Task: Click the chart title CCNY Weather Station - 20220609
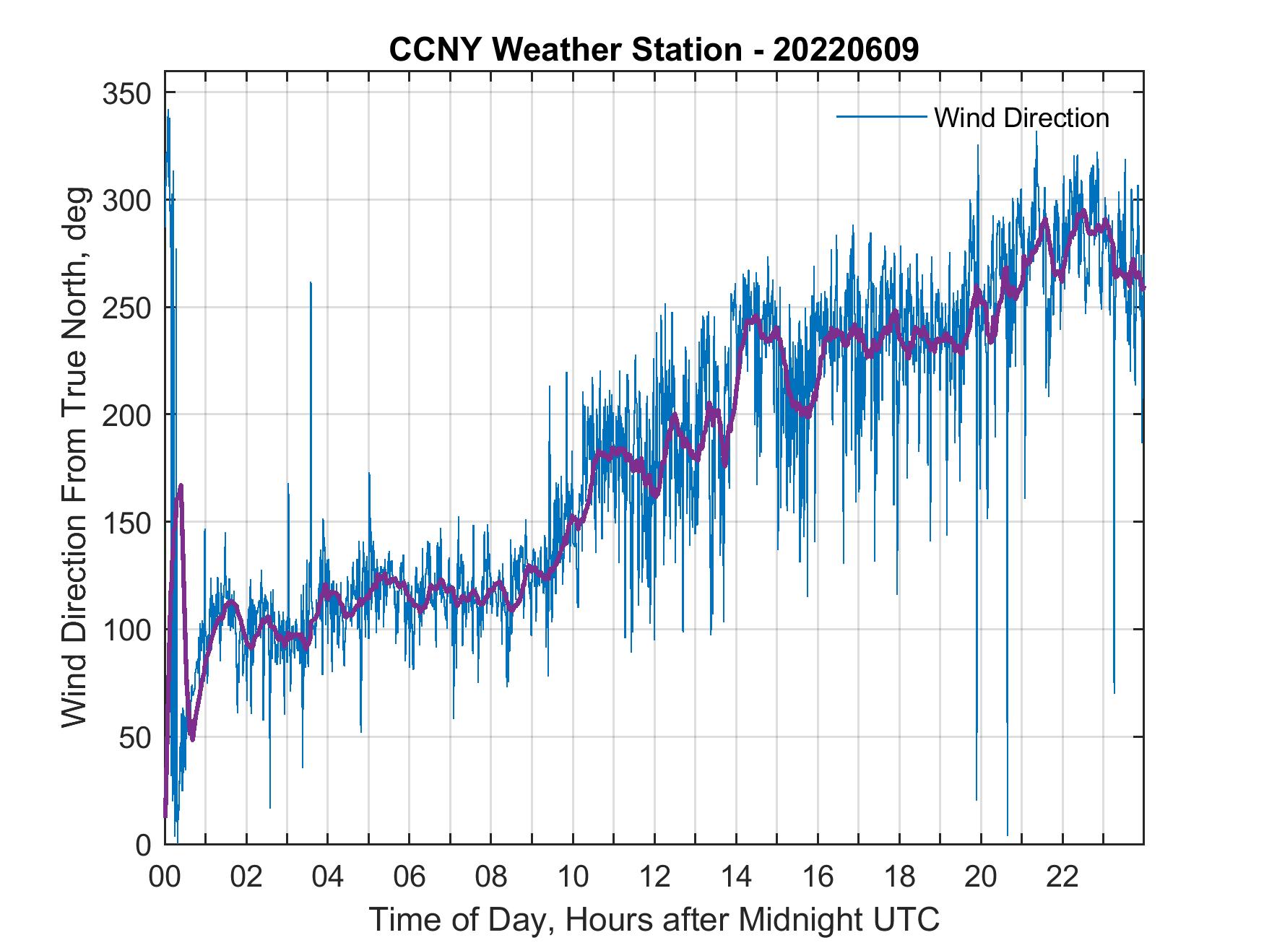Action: click(x=654, y=51)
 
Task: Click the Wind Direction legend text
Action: click(x=1021, y=118)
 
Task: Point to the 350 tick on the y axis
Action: click(x=126, y=93)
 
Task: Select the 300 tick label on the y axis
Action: click(x=126, y=200)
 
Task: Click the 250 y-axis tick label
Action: click(x=126, y=308)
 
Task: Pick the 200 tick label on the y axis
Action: click(x=126, y=414)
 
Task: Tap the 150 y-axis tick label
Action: click(x=126, y=522)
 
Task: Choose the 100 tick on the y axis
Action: click(x=126, y=630)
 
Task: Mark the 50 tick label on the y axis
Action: click(x=135, y=737)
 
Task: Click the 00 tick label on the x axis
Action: click(x=165, y=877)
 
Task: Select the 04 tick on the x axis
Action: click(x=328, y=877)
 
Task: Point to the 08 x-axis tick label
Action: click(x=491, y=877)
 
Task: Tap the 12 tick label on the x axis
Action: click(x=654, y=877)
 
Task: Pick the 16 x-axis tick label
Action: click(x=818, y=877)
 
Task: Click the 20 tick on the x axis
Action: click(x=981, y=877)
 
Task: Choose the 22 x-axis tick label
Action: click(x=1062, y=877)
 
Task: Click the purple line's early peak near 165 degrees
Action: click(x=181, y=486)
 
